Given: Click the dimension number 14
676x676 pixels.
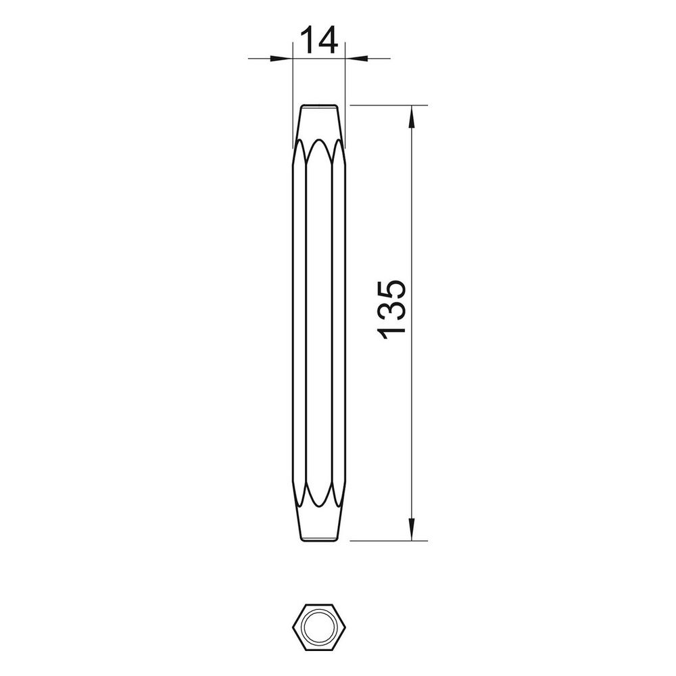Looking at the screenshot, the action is (x=318, y=40).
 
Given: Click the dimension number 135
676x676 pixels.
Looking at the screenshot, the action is (x=391, y=310).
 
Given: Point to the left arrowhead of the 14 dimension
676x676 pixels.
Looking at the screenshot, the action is (x=281, y=57).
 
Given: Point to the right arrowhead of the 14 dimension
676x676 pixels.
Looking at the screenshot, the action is (x=356, y=57).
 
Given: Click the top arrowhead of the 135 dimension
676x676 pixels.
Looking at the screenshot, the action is (x=412, y=116).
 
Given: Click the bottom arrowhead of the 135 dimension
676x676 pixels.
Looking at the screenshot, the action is (x=412, y=529).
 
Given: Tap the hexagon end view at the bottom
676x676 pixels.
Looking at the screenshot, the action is (x=319, y=627).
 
